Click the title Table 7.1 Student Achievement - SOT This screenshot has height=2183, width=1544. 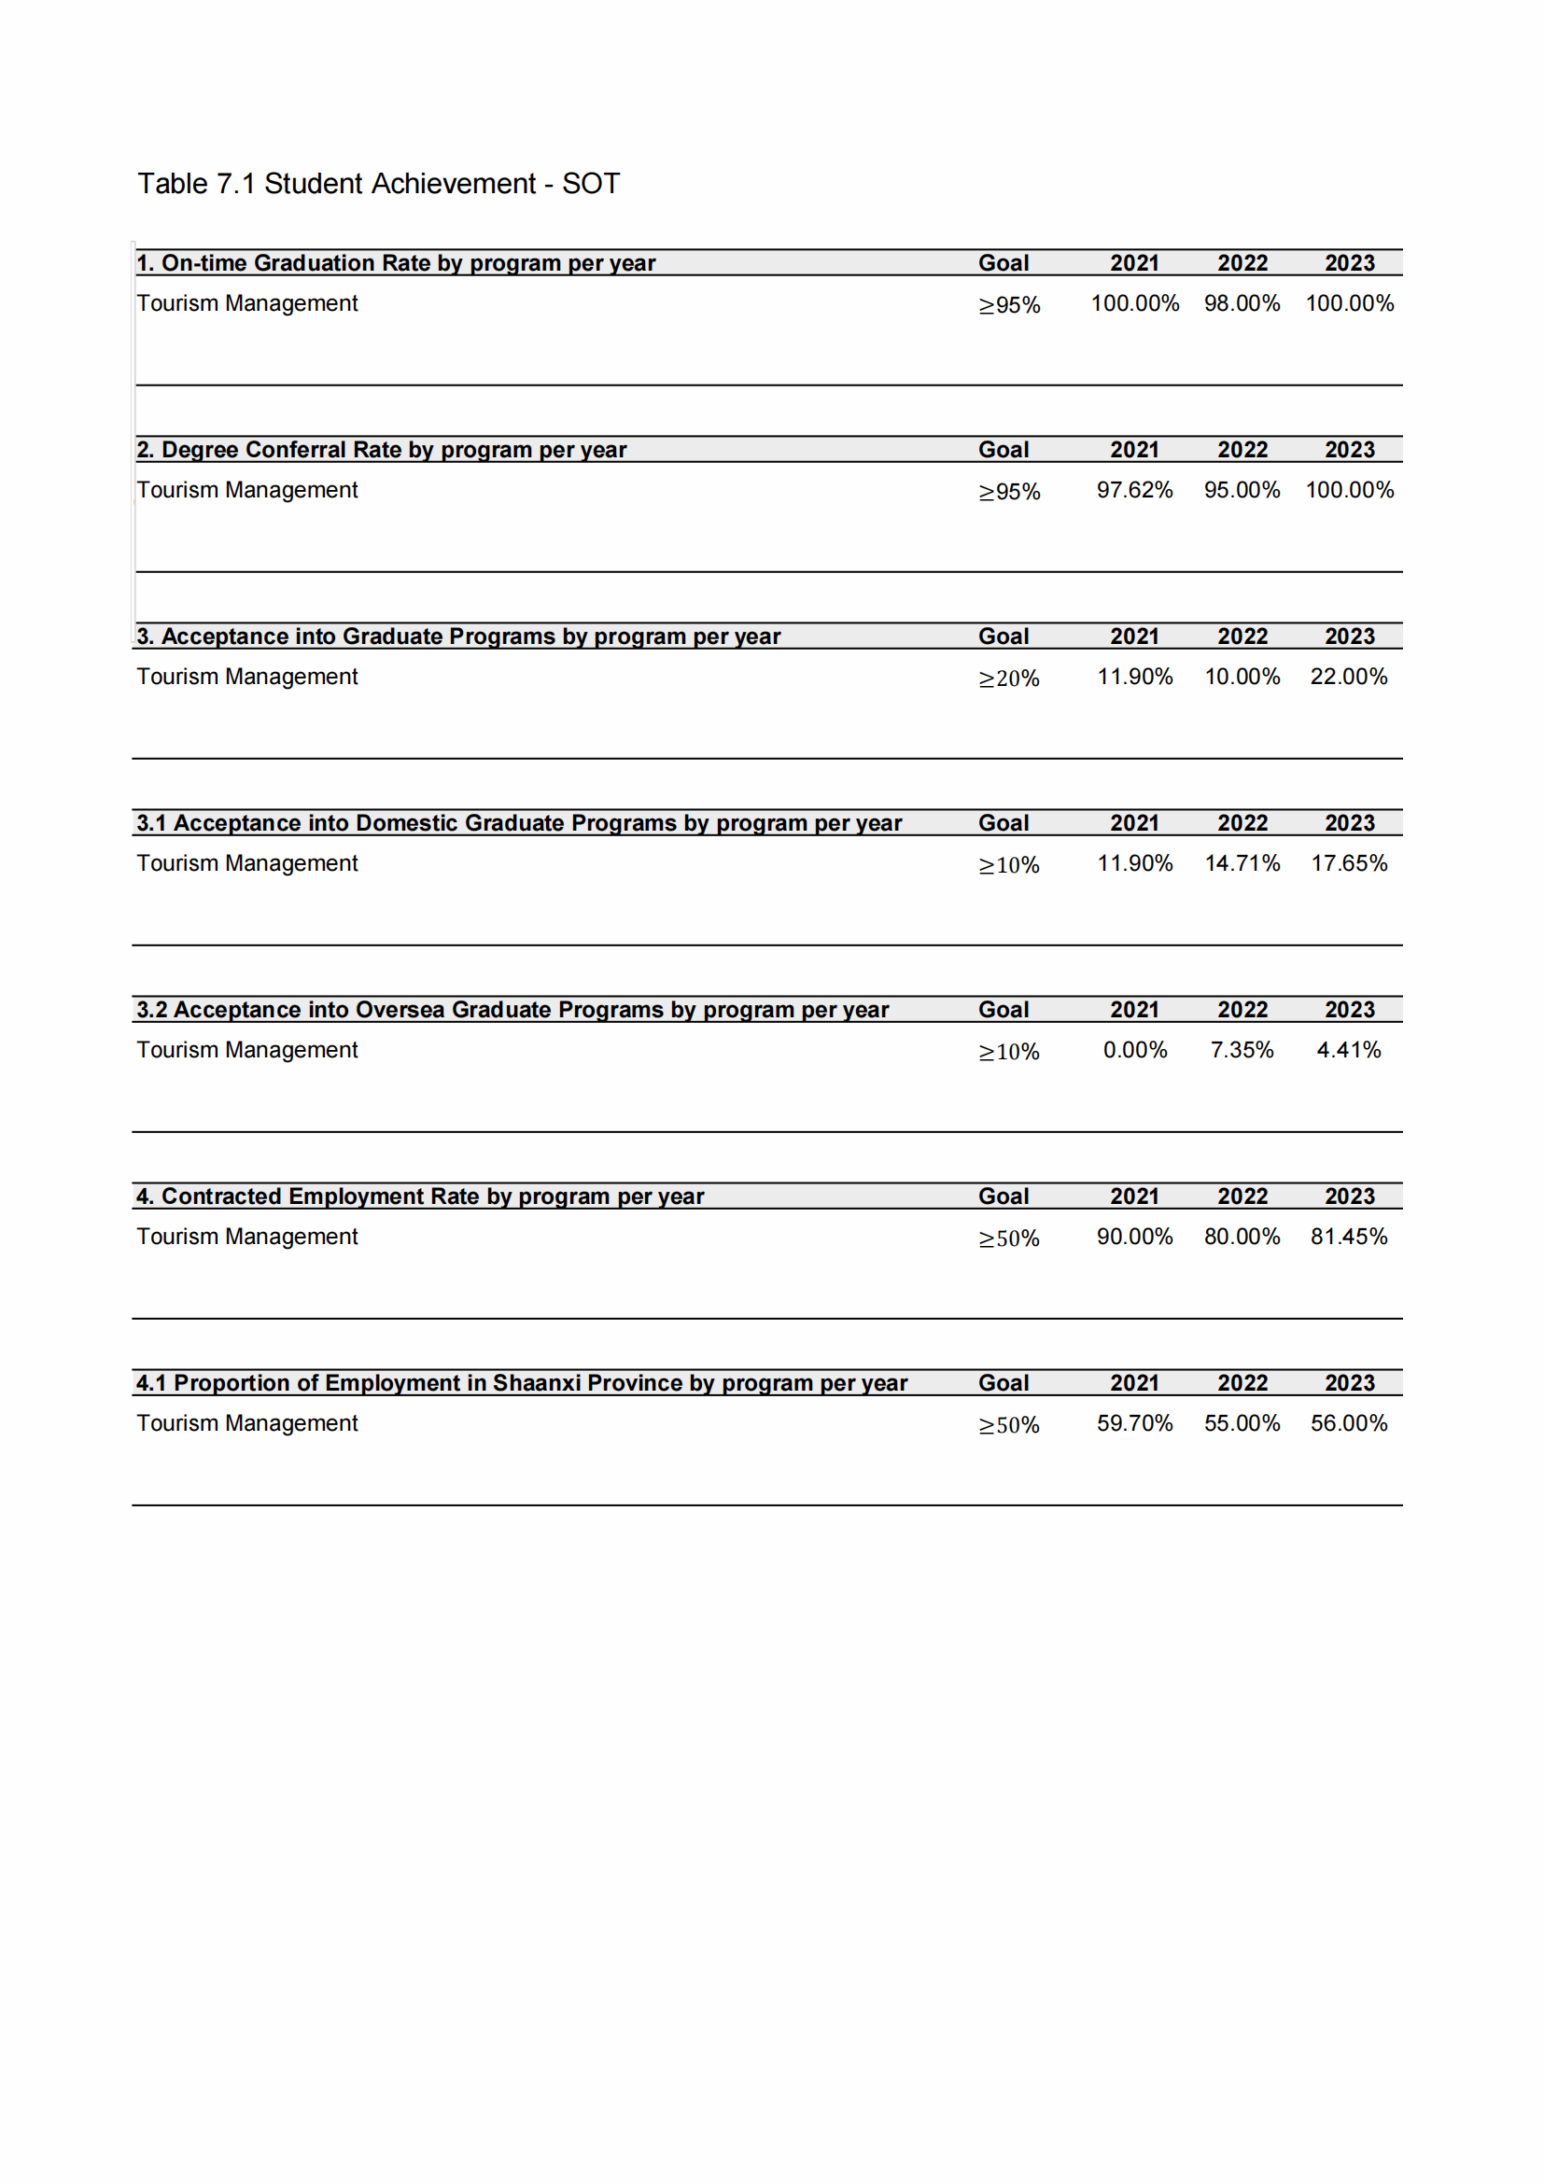tap(378, 184)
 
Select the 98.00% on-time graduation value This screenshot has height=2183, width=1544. tap(1242, 303)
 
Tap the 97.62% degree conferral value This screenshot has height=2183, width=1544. tap(1134, 490)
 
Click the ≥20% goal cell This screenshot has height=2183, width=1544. tap(1009, 678)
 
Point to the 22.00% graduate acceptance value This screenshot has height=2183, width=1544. tap(1348, 676)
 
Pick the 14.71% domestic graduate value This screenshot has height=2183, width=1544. tap(1242, 863)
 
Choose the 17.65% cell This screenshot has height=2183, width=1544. tap(1348, 863)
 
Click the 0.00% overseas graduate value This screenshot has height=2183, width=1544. tap(1134, 1050)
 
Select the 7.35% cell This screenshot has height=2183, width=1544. tap(1242, 1050)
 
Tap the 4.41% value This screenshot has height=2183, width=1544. tap(1348, 1050)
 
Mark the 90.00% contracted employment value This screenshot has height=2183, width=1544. tap(1134, 1236)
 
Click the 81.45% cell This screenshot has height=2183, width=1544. tap(1348, 1236)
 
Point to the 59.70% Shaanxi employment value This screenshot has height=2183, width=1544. tap(1134, 1423)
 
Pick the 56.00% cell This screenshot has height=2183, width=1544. tap(1348, 1423)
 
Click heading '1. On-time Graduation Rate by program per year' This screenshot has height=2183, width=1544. tap(396, 263)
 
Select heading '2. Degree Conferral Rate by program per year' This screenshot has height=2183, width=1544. tap(381, 450)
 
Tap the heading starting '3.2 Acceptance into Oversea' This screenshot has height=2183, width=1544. tap(512, 1010)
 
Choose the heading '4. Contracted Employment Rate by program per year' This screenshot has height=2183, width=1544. tap(419, 1196)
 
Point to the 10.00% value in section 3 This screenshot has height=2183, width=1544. tap(1242, 676)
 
